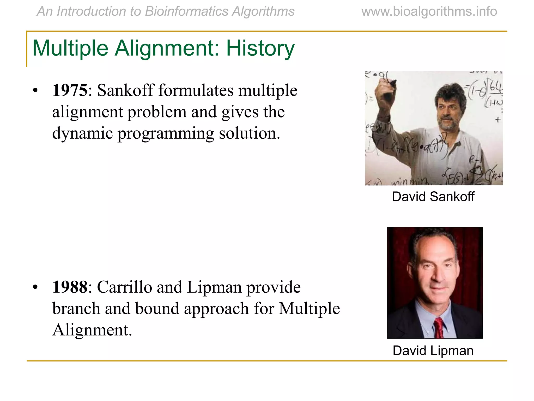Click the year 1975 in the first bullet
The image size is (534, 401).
(x=70, y=90)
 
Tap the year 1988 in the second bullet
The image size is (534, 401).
(x=70, y=287)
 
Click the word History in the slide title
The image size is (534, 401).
(x=260, y=48)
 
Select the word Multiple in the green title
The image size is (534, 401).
(x=70, y=48)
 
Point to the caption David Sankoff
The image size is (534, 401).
(x=433, y=197)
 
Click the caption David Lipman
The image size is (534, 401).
(x=433, y=351)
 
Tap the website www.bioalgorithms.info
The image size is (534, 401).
(x=429, y=11)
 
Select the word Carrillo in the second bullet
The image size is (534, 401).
(x=125, y=287)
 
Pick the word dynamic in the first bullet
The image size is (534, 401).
(x=83, y=133)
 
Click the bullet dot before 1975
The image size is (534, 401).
(x=35, y=91)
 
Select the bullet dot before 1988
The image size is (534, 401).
(x=35, y=287)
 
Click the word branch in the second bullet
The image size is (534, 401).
(x=76, y=309)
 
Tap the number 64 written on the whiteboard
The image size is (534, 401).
(x=496, y=87)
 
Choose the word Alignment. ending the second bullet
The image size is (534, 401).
(x=92, y=330)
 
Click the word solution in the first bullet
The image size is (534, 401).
(x=249, y=133)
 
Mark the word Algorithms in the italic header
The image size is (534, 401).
(x=263, y=11)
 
